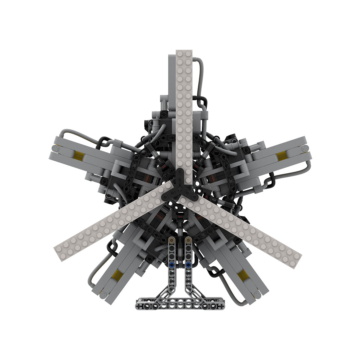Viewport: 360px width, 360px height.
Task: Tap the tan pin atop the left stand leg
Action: pos(171,241)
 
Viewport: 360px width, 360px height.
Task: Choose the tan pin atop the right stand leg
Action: pos(188,241)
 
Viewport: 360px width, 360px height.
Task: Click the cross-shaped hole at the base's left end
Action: pos(139,306)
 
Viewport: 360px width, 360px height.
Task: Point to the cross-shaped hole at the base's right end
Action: pos(221,306)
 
